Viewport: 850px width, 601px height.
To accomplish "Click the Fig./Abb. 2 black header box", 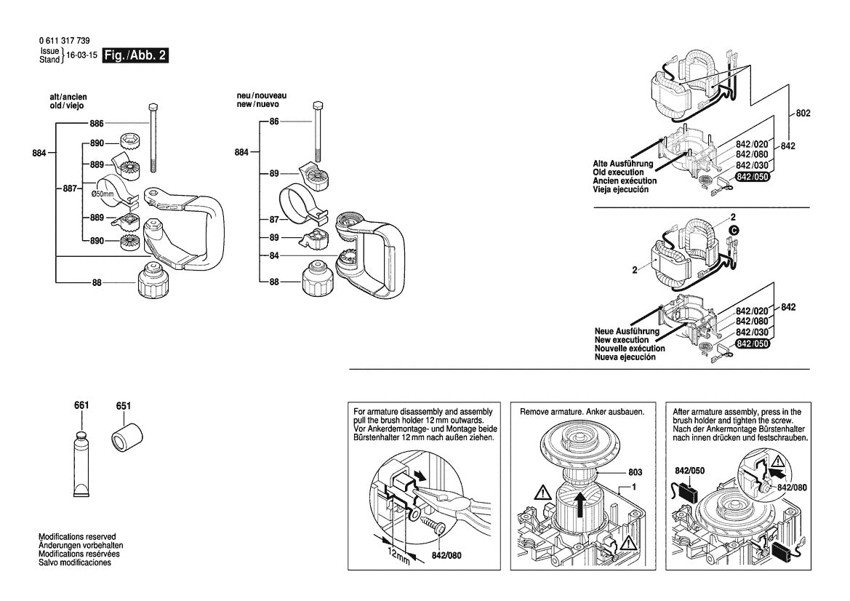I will click(x=136, y=56).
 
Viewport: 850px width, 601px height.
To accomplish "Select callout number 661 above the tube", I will click(x=81, y=405).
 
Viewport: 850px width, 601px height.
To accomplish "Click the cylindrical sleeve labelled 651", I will click(x=127, y=439).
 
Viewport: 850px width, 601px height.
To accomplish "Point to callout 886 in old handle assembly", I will click(x=97, y=124).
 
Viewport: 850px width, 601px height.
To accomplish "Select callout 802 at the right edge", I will click(x=803, y=114).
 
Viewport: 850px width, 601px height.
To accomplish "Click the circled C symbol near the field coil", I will click(x=734, y=230).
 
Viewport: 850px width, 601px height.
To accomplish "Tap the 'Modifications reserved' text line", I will click(x=77, y=536).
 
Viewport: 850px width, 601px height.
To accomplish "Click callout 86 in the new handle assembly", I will click(x=274, y=122).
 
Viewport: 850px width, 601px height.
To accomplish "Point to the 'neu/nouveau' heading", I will click(x=262, y=96).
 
